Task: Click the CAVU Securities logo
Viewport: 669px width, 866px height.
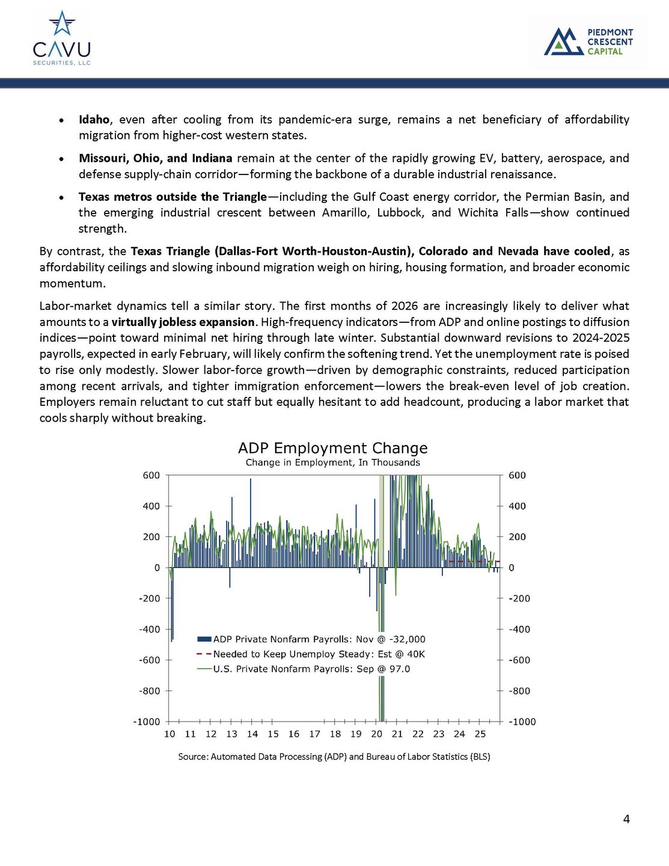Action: click(x=61, y=38)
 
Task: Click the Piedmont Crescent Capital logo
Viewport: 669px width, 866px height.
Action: click(x=588, y=41)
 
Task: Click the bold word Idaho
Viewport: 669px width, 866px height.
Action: click(x=94, y=120)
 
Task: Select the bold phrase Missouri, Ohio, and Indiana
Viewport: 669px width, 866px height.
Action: click(x=155, y=158)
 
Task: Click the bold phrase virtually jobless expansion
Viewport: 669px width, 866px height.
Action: click(x=183, y=322)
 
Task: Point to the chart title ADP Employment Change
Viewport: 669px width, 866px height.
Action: click(x=332, y=448)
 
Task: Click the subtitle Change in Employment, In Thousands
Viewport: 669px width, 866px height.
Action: click(x=332, y=462)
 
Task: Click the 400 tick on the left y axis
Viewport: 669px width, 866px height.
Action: click(x=151, y=506)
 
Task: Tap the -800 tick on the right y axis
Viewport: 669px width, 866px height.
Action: click(x=519, y=691)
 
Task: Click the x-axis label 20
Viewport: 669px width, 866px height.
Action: click(x=377, y=734)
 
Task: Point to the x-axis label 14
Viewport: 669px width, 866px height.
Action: click(x=252, y=734)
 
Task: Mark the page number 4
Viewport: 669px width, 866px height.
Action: click(x=626, y=819)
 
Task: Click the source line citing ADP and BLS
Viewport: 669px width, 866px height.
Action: click(x=334, y=757)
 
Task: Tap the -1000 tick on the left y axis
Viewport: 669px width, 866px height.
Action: click(x=147, y=722)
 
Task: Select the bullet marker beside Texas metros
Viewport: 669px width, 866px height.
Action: click(x=62, y=197)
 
